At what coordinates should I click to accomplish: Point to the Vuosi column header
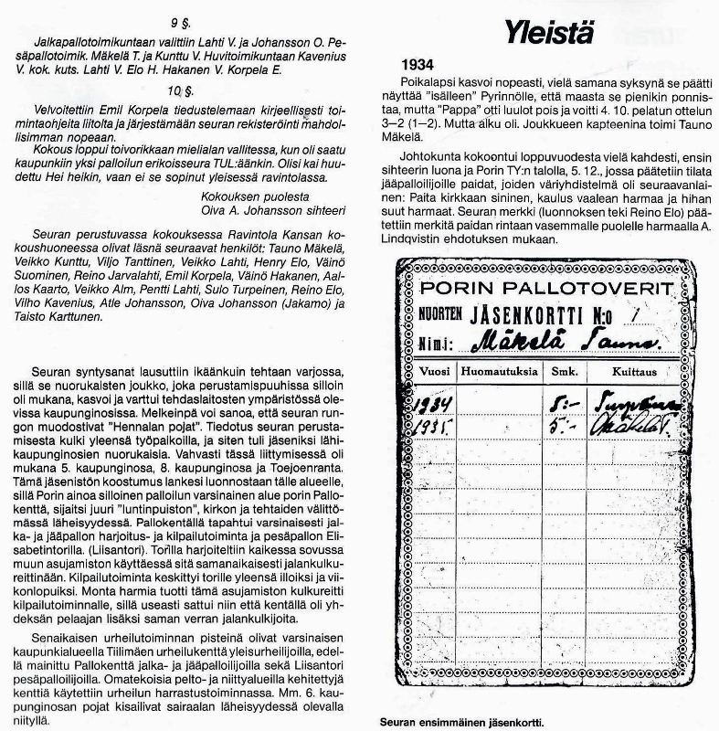[431, 373]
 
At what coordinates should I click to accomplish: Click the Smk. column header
[558, 373]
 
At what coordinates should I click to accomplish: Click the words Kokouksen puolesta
[244, 196]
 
